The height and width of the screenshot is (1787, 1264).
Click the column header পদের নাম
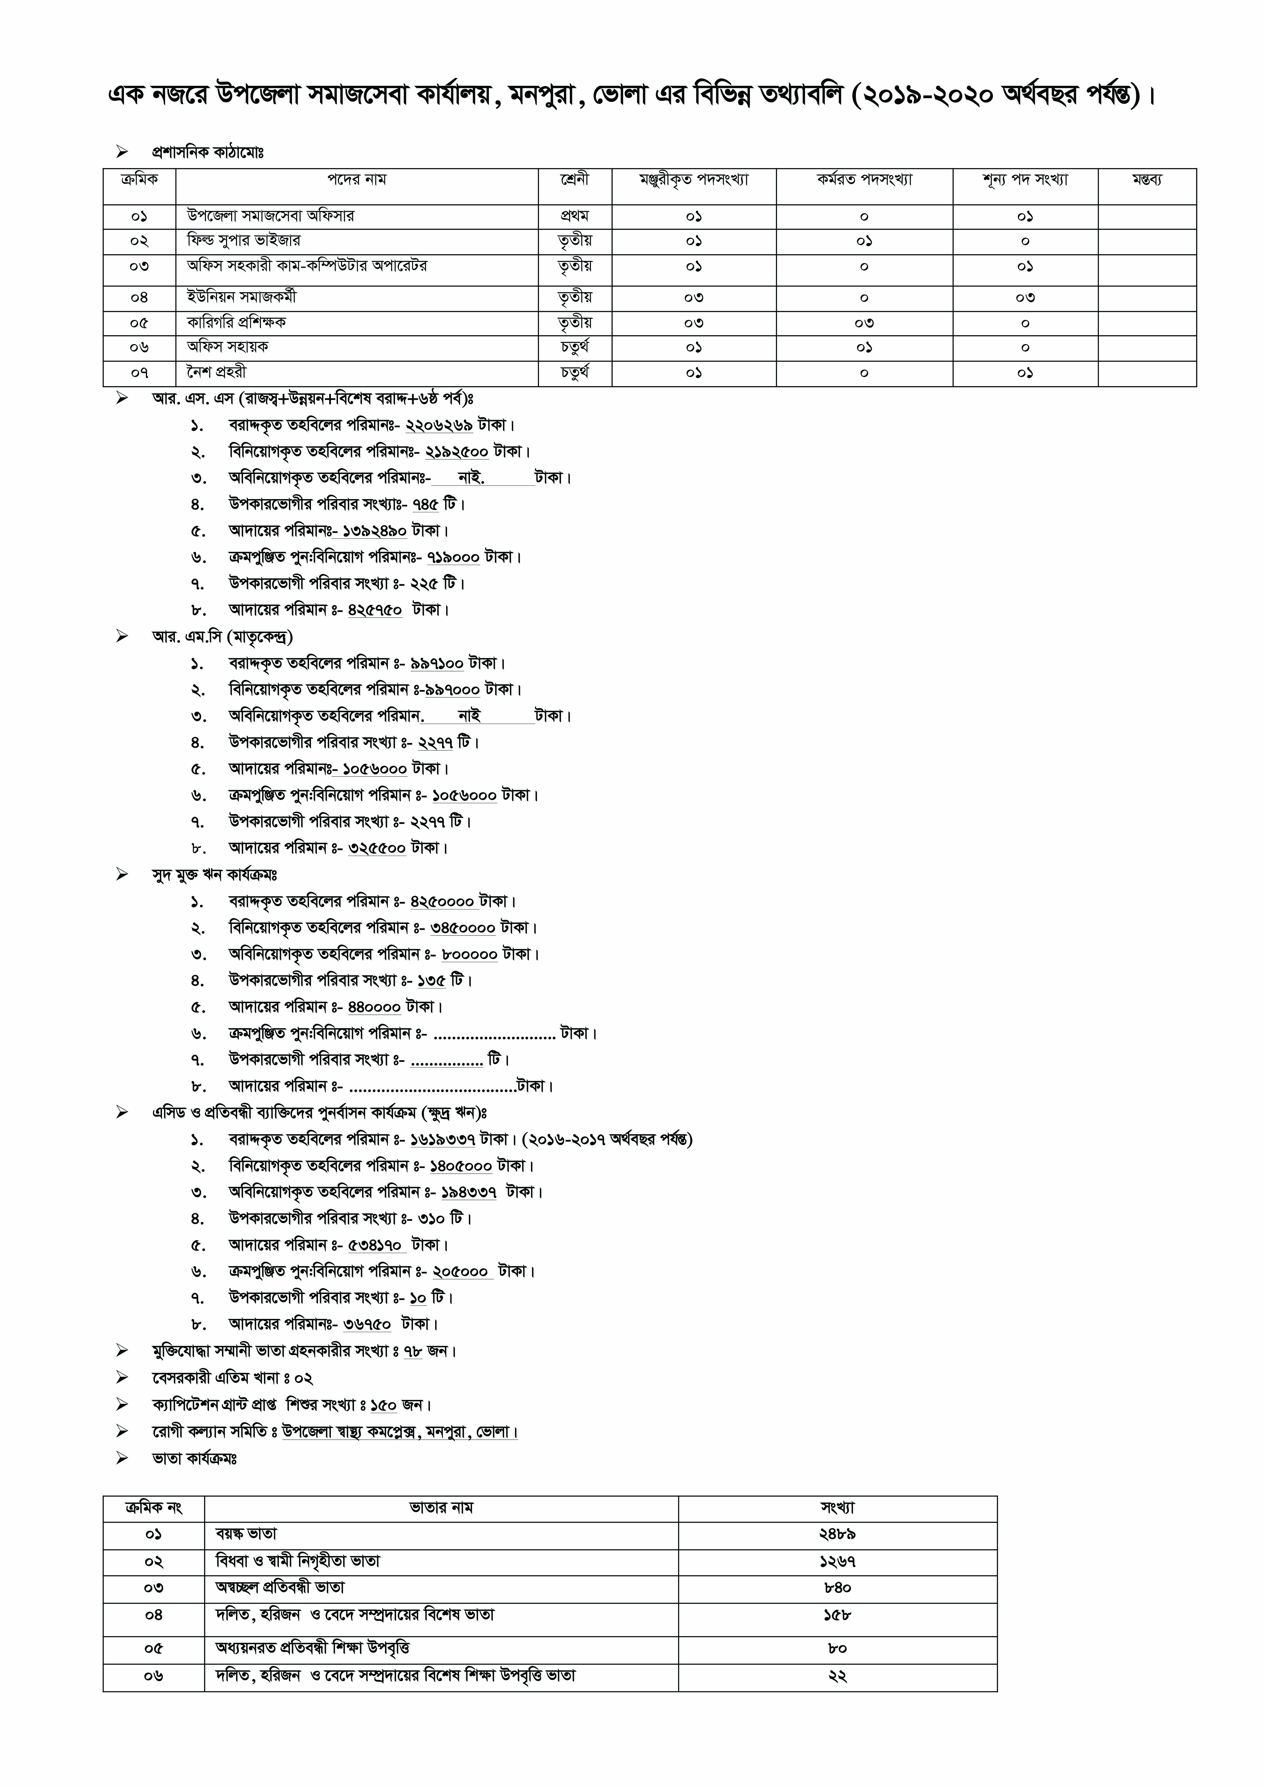click(x=356, y=180)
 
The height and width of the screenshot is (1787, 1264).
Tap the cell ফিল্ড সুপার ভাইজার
click(x=244, y=241)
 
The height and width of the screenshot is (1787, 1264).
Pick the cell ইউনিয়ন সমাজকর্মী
click(x=241, y=297)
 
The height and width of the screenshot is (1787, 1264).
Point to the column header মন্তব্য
click(x=1147, y=180)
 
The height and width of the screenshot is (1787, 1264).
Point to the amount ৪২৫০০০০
click(x=442, y=902)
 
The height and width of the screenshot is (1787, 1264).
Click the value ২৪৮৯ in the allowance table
click(x=837, y=1534)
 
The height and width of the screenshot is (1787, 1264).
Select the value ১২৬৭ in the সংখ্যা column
click(x=837, y=1561)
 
